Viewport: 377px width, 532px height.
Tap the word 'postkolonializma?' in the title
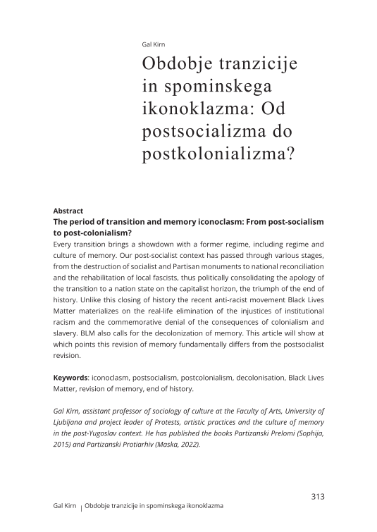click(x=218, y=154)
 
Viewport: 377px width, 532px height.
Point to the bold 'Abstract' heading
click(x=68, y=211)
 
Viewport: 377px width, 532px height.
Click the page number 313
click(x=317, y=496)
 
